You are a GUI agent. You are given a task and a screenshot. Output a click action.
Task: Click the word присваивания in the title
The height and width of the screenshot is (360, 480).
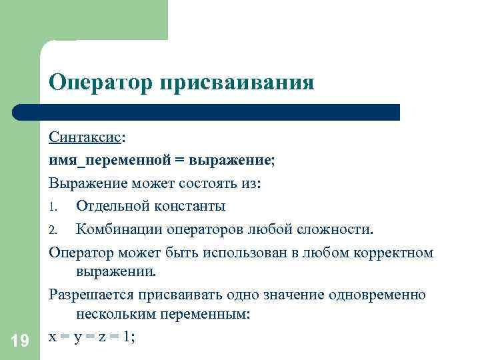pos(235,83)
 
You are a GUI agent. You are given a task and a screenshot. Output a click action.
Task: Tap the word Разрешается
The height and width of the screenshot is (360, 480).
pos(91,294)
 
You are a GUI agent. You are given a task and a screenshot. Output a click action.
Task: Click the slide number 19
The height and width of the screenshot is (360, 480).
pos(20,341)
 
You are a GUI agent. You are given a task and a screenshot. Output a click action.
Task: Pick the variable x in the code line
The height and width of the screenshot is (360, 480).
pos(53,337)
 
